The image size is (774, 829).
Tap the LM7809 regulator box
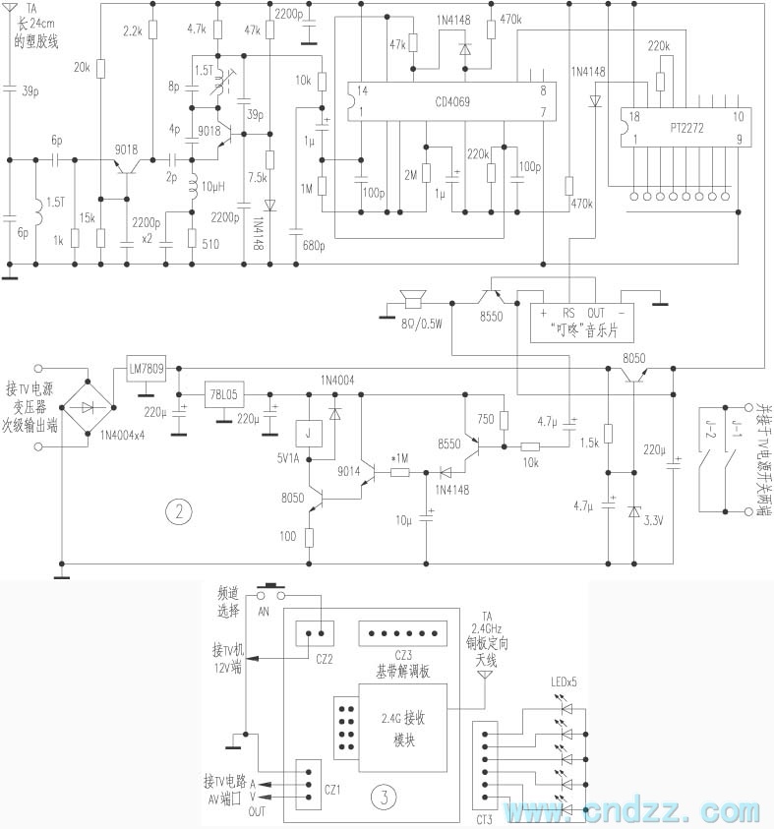pyautogui.click(x=147, y=370)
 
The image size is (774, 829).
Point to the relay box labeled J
pyautogui.click(x=309, y=433)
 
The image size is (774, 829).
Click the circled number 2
pyautogui.click(x=178, y=510)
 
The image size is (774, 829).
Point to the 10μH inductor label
pyautogui.click(x=213, y=187)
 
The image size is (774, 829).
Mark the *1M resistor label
pyautogui.click(x=399, y=458)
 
